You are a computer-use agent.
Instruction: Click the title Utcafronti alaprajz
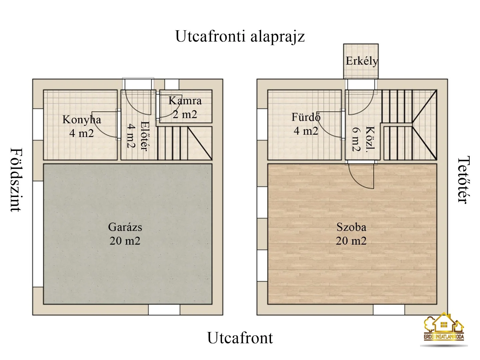click(240, 36)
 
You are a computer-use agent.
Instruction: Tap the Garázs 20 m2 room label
click(125, 234)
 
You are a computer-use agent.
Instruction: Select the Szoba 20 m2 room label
click(351, 234)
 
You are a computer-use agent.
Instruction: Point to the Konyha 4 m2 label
click(82, 126)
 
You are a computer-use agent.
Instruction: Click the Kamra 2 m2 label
click(185, 107)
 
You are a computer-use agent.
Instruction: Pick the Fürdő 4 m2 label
click(306, 124)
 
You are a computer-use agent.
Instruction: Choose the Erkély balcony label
click(362, 61)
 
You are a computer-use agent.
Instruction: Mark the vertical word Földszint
click(16, 180)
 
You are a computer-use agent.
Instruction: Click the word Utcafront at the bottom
click(240, 338)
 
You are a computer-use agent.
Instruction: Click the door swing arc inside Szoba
click(362, 177)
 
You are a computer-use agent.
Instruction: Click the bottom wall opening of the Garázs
click(164, 310)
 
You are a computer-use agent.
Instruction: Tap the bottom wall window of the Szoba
click(389, 310)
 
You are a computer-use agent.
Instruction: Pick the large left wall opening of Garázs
click(38, 234)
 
